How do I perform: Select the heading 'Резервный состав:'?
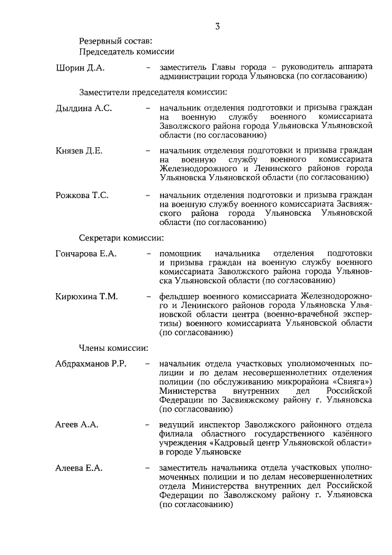click(115, 41)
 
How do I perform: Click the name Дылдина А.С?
click(84, 108)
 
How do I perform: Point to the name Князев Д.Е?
click(79, 150)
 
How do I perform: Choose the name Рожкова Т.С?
click(82, 195)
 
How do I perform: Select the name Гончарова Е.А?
click(86, 253)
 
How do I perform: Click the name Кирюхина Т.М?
click(86, 297)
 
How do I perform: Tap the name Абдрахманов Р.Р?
click(91, 364)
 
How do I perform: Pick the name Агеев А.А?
click(77, 424)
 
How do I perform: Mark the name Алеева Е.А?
click(78, 469)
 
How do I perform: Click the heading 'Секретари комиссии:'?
click(121, 237)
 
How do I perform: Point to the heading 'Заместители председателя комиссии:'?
click(153, 93)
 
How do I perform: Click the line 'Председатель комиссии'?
click(127, 52)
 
